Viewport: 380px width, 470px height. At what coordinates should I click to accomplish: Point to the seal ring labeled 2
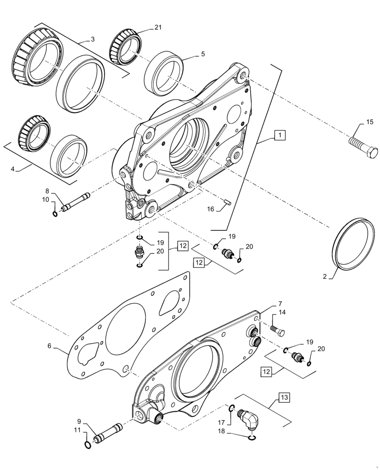pos(352,243)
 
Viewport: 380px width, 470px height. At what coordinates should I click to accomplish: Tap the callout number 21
pos(158,28)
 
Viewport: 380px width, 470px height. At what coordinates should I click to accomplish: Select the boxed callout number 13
pos(285,398)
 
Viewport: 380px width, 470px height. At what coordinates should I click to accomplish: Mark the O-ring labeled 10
pos(55,214)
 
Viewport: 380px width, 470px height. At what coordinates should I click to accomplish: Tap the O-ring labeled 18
pos(252,439)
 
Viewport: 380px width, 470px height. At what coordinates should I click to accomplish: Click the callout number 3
pos(92,40)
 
